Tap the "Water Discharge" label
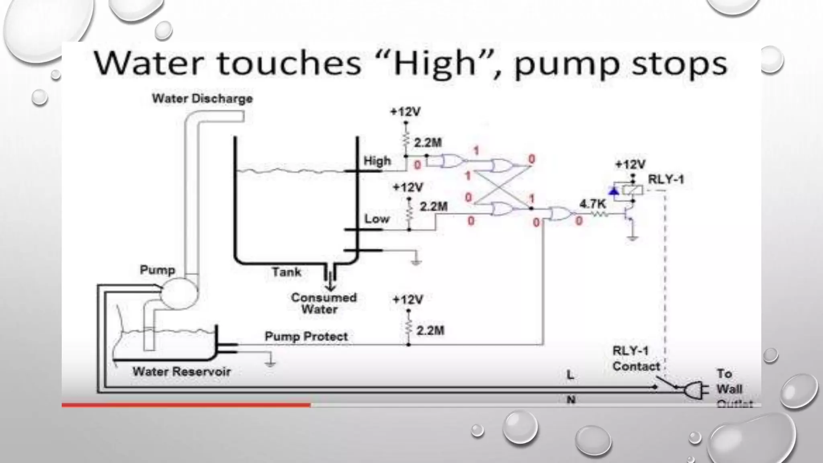pyautogui.click(x=202, y=99)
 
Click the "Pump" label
pyautogui.click(x=157, y=270)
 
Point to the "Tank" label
pyautogui.click(x=287, y=272)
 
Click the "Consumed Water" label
pyautogui.click(x=323, y=303)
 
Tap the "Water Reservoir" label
pyautogui.click(x=182, y=371)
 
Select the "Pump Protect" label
pyautogui.click(x=306, y=336)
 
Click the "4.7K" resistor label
pyautogui.click(x=592, y=204)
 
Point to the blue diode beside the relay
pyautogui.click(x=614, y=191)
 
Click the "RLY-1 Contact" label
pyautogui.click(x=636, y=359)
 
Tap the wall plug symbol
pyautogui.click(x=694, y=389)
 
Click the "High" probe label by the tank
pyautogui.click(x=377, y=161)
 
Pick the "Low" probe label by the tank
pyautogui.click(x=377, y=219)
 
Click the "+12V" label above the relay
pyautogui.click(x=630, y=164)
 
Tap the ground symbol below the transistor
pyautogui.click(x=633, y=239)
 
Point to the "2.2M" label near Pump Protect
pyautogui.click(x=430, y=331)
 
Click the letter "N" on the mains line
pyautogui.click(x=571, y=400)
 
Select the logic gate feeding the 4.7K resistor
pyautogui.click(x=561, y=214)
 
